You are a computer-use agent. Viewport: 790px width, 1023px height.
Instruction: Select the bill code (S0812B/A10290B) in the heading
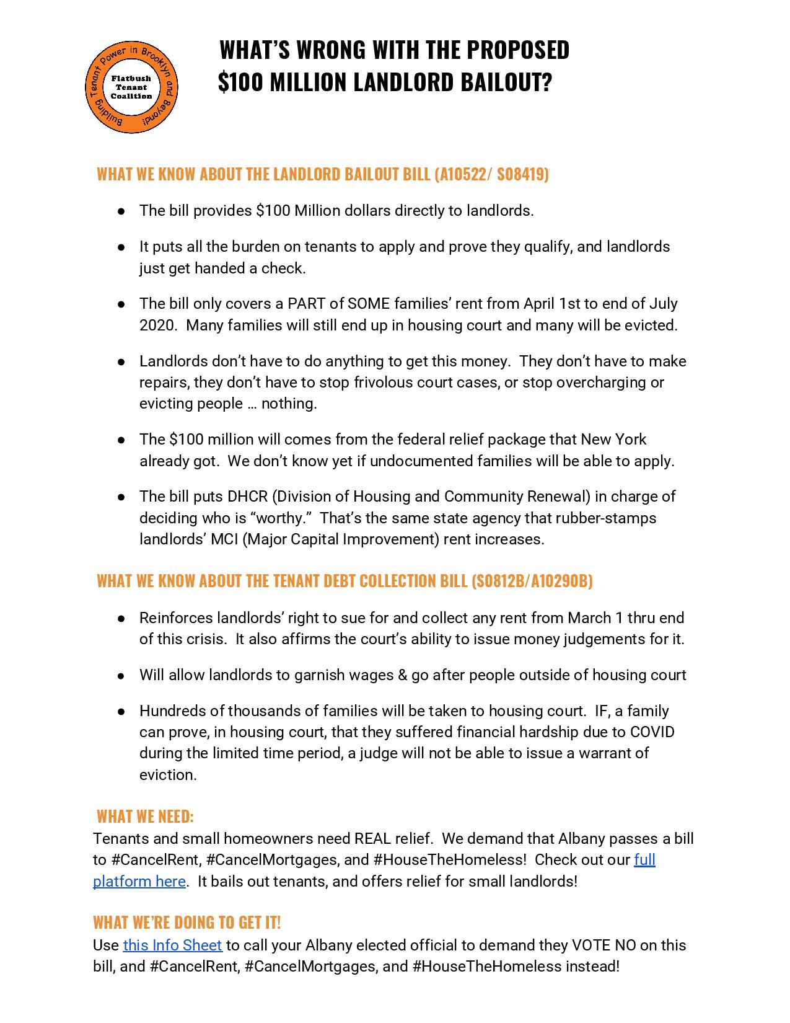click(x=532, y=581)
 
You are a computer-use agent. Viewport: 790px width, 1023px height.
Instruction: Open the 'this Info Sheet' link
click(x=172, y=945)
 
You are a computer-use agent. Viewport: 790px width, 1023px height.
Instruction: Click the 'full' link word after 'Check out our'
click(x=644, y=860)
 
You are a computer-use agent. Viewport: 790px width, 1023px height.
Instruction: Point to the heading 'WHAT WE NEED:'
click(x=145, y=816)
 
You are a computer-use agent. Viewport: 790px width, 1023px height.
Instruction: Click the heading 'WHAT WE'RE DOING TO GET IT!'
click(x=187, y=923)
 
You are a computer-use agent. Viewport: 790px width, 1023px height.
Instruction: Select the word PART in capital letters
click(x=307, y=304)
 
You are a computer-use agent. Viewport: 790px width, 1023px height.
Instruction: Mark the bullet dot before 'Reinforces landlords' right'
click(x=122, y=618)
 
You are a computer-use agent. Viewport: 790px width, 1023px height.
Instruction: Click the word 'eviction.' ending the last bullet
click(x=168, y=775)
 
